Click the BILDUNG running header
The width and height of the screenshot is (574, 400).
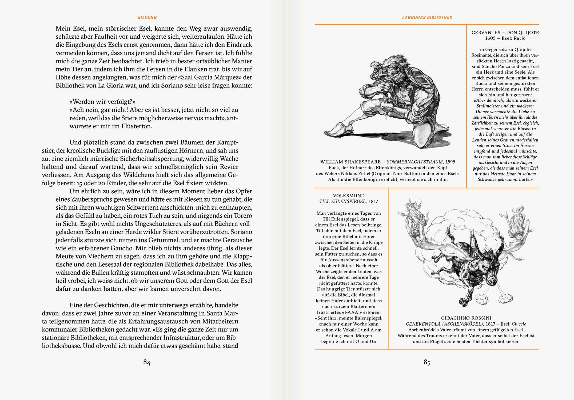[x=147, y=18]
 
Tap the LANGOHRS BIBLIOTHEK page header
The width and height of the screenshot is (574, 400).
[x=427, y=18]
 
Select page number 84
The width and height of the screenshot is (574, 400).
[x=147, y=362]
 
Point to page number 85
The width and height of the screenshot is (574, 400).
[x=427, y=362]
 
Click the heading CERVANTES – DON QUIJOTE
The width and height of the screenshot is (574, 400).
[x=505, y=33]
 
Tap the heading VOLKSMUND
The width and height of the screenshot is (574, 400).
[x=349, y=196]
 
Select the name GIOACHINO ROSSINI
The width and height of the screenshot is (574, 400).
[x=466, y=318]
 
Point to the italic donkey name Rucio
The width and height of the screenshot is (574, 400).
[x=519, y=38]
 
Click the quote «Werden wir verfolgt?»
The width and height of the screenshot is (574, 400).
[x=102, y=102]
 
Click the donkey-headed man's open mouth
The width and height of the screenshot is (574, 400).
[x=376, y=71]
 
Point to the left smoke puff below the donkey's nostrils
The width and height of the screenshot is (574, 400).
[x=482, y=298]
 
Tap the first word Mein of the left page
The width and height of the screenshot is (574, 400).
[x=63, y=29]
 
